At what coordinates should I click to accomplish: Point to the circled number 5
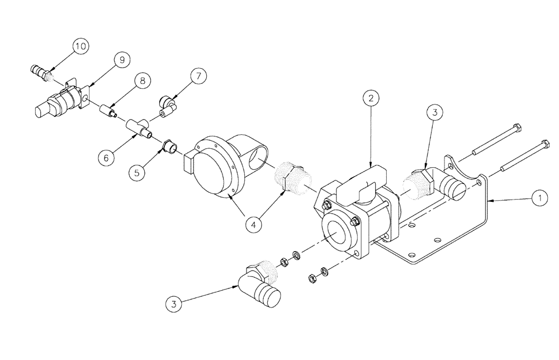136,173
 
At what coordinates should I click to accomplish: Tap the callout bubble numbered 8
143,82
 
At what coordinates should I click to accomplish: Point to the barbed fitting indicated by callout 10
39,71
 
